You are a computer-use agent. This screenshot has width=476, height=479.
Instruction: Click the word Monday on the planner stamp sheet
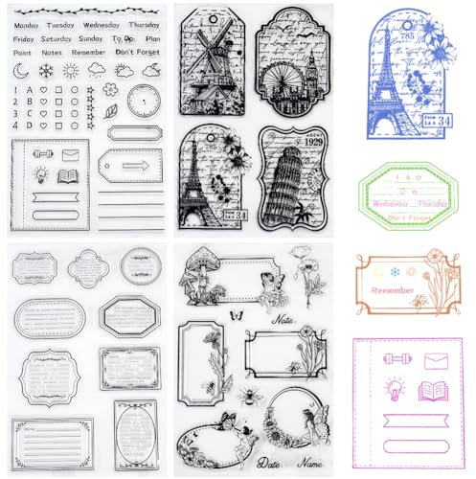coord(30,24)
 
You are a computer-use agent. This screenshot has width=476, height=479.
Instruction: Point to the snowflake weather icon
coord(46,70)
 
